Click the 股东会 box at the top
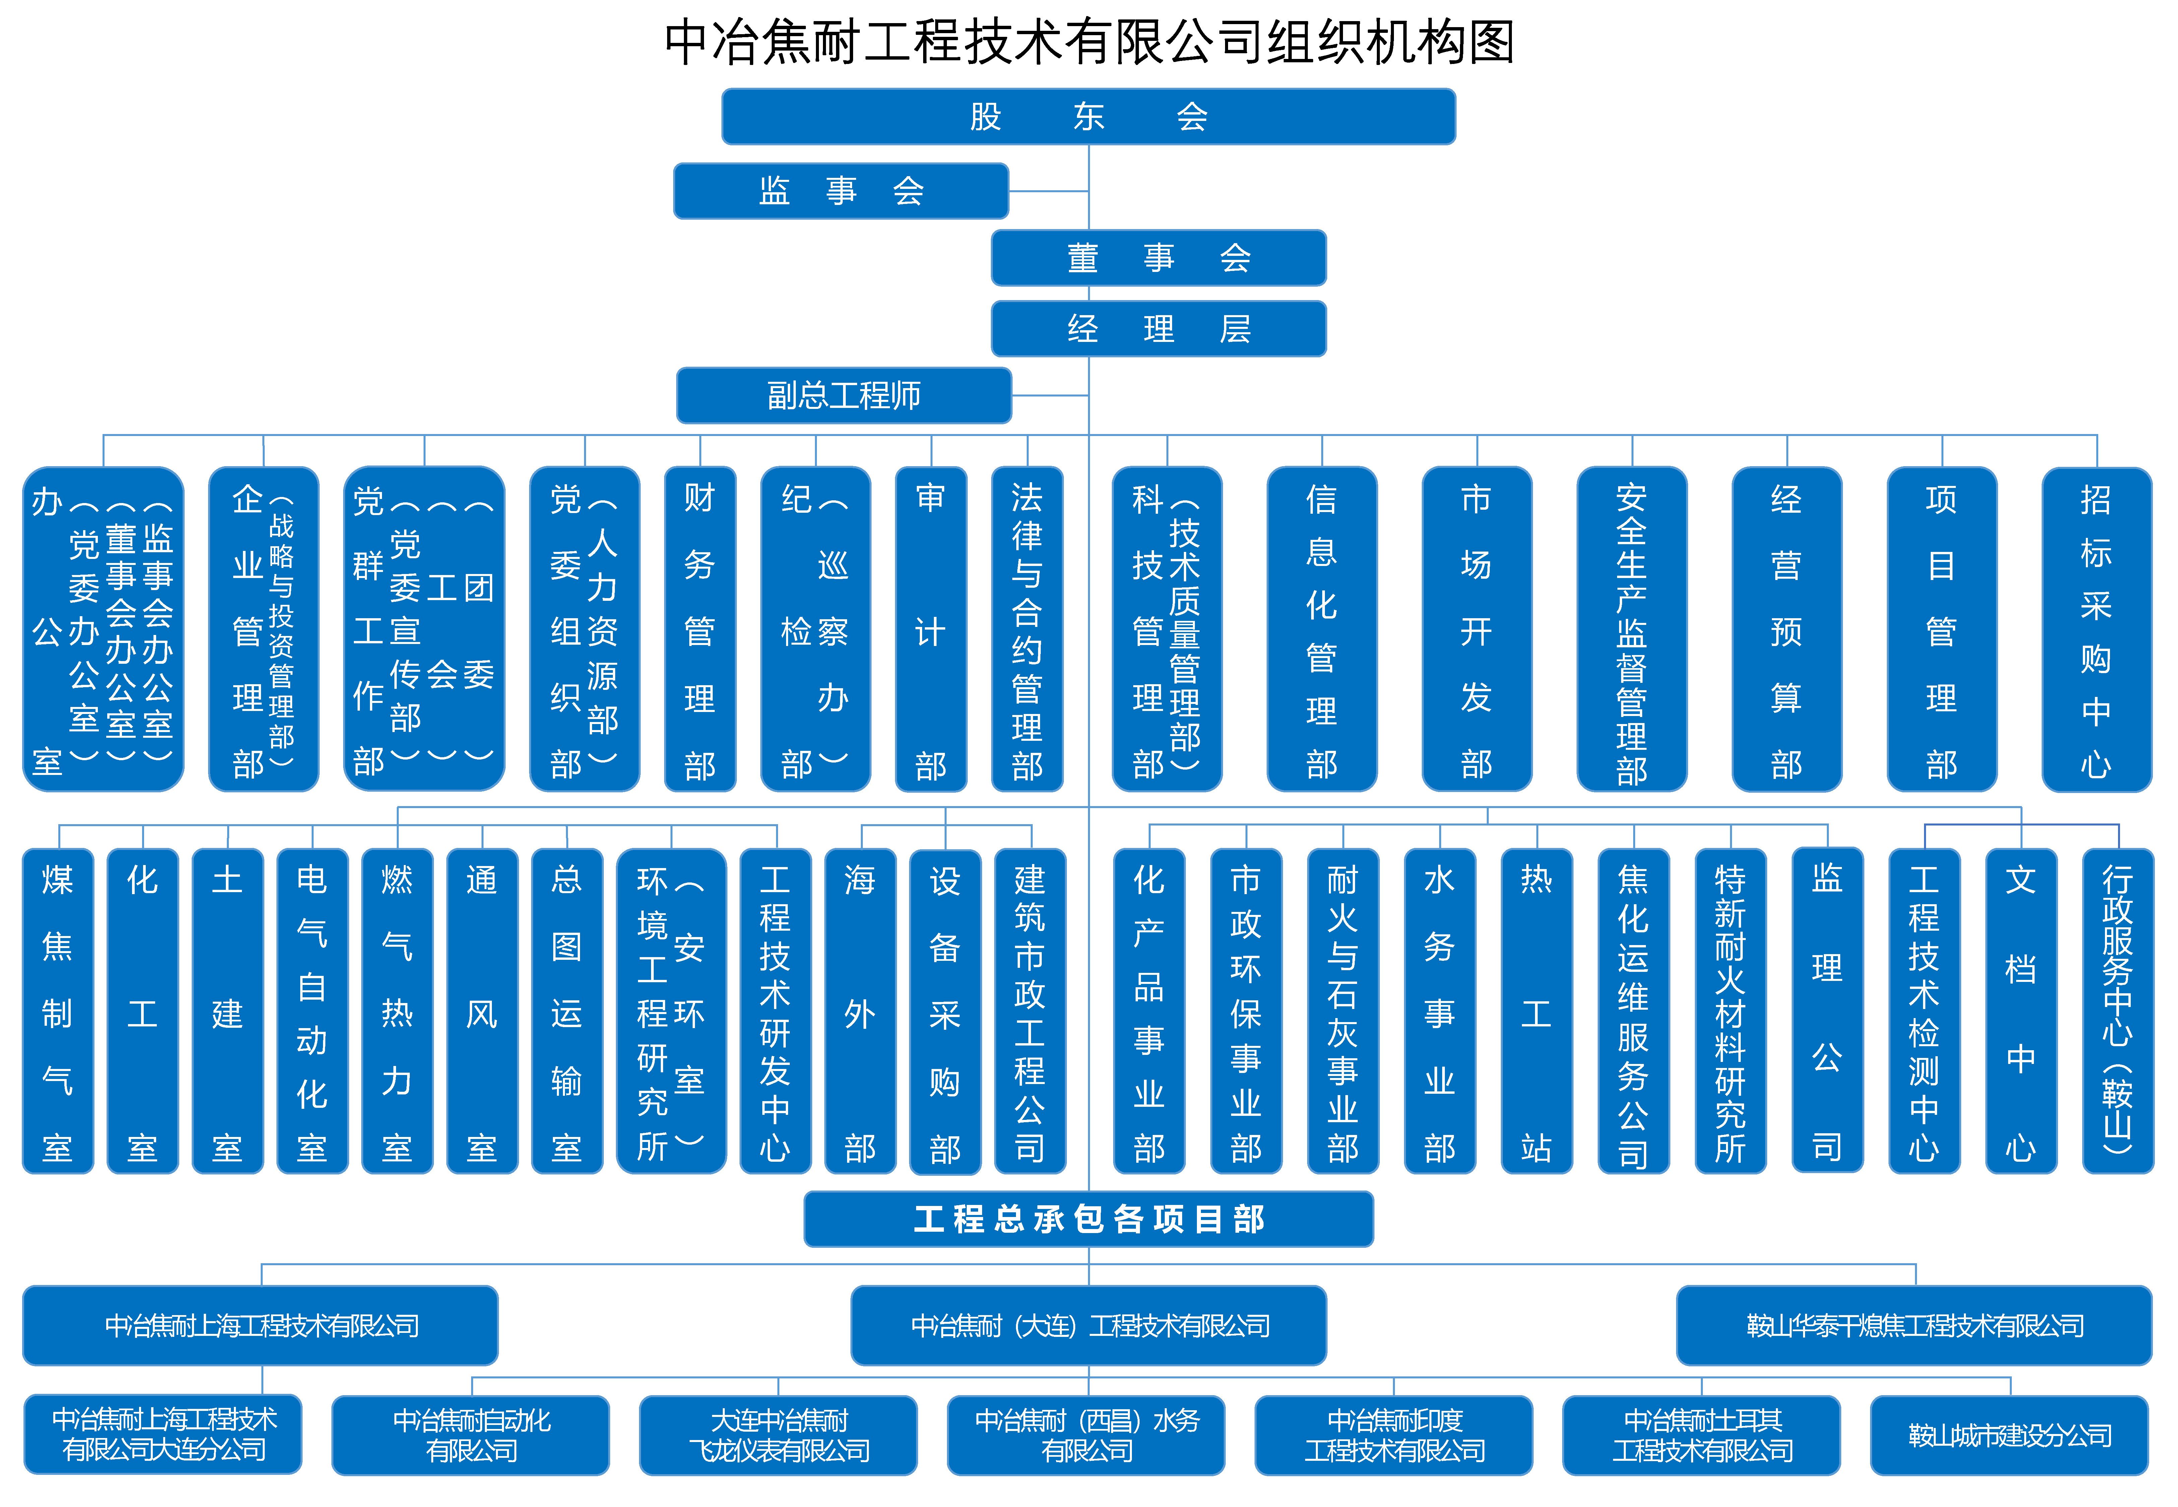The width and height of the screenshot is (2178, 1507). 1088,116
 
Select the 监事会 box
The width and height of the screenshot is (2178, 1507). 841,191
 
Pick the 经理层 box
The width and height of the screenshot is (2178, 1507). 1158,329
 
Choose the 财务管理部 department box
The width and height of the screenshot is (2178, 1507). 699,629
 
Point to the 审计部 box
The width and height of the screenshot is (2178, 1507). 930,629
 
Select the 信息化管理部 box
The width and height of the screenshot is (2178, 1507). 1321,629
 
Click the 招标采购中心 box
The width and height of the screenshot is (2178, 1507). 2096,629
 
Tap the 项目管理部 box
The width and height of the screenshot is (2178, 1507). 1941,629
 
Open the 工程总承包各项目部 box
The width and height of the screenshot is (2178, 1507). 1088,1219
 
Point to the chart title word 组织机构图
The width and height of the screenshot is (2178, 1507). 1389,43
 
